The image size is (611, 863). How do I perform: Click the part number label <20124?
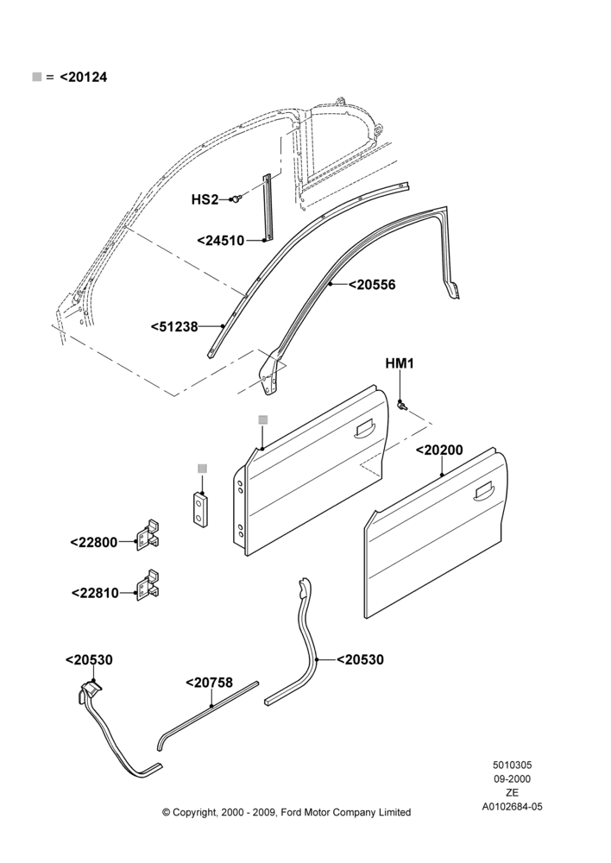coord(83,77)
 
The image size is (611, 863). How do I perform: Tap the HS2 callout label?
coord(205,199)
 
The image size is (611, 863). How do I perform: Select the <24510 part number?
coord(221,241)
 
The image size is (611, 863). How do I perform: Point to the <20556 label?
coord(372,285)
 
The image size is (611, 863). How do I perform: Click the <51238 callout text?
coord(174,326)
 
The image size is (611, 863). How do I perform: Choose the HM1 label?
coord(400,363)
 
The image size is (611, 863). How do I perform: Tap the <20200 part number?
coord(439,450)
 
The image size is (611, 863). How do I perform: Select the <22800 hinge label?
coord(94,542)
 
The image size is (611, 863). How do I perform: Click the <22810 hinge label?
coord(95,593)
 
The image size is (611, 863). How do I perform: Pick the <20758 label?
coord(209,683)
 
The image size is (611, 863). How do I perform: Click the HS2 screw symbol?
coord(236,198)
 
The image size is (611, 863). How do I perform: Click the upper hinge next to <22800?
coord(148,534)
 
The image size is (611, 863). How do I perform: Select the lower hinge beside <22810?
coord(148,585)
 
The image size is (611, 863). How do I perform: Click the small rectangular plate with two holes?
coord(201,510)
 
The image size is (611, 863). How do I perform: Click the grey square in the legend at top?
coord(37,77)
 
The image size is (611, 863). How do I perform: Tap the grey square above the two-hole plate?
coord(203,469)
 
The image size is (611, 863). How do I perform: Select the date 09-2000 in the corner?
coord(512,778)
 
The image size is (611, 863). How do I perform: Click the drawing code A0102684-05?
coord(512,807)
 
